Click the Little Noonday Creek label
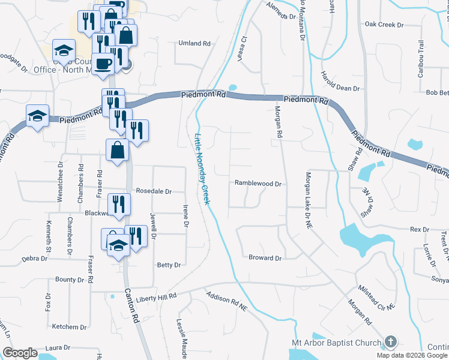[x=201, y=169]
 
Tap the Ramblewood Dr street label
[x=258, y=184]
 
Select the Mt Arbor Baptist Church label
[x=333, y=343]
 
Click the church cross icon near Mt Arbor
[x=390, y=342]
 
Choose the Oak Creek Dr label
[x=384, y=25]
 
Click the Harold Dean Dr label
[x=339, y=88]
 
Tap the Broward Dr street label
[x=265, y=258]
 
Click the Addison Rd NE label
[x=226, y=301]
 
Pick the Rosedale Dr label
[x=154, y=191]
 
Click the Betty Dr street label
[x=169, y=265]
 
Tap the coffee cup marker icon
[x=103, y=63]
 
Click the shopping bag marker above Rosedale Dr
[x=117, y=151]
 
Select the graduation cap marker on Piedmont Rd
[x=38, y=115]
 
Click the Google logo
[x=20, y=353]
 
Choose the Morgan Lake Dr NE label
[x=307, y=191]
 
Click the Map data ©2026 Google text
[x=411, y=355]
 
